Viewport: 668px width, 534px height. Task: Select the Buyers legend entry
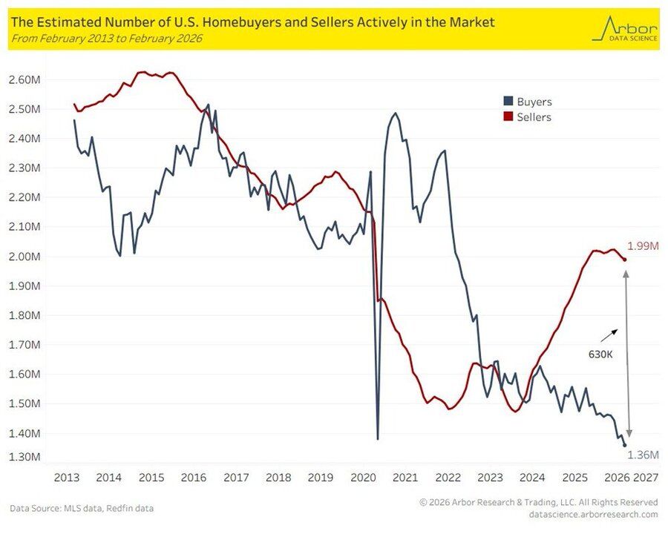pos(528,102)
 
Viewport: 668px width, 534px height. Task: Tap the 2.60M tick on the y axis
pos(24,79)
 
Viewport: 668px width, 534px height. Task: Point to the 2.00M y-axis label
pos(24,257)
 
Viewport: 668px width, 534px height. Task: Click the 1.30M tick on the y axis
pos(24,457)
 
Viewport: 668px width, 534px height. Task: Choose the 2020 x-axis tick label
pos(363,477)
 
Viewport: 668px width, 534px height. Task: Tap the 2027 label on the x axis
pos(646,477)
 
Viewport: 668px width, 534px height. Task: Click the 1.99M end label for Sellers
pos(642,246)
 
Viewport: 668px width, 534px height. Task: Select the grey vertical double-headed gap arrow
pos(628,354)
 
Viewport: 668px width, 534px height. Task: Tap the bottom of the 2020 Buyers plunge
pos(378,438)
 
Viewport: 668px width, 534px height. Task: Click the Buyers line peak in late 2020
pos(395,113)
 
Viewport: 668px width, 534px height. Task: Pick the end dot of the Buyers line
pos(624,445)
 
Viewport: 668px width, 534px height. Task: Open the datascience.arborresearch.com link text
pos(593,514)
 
